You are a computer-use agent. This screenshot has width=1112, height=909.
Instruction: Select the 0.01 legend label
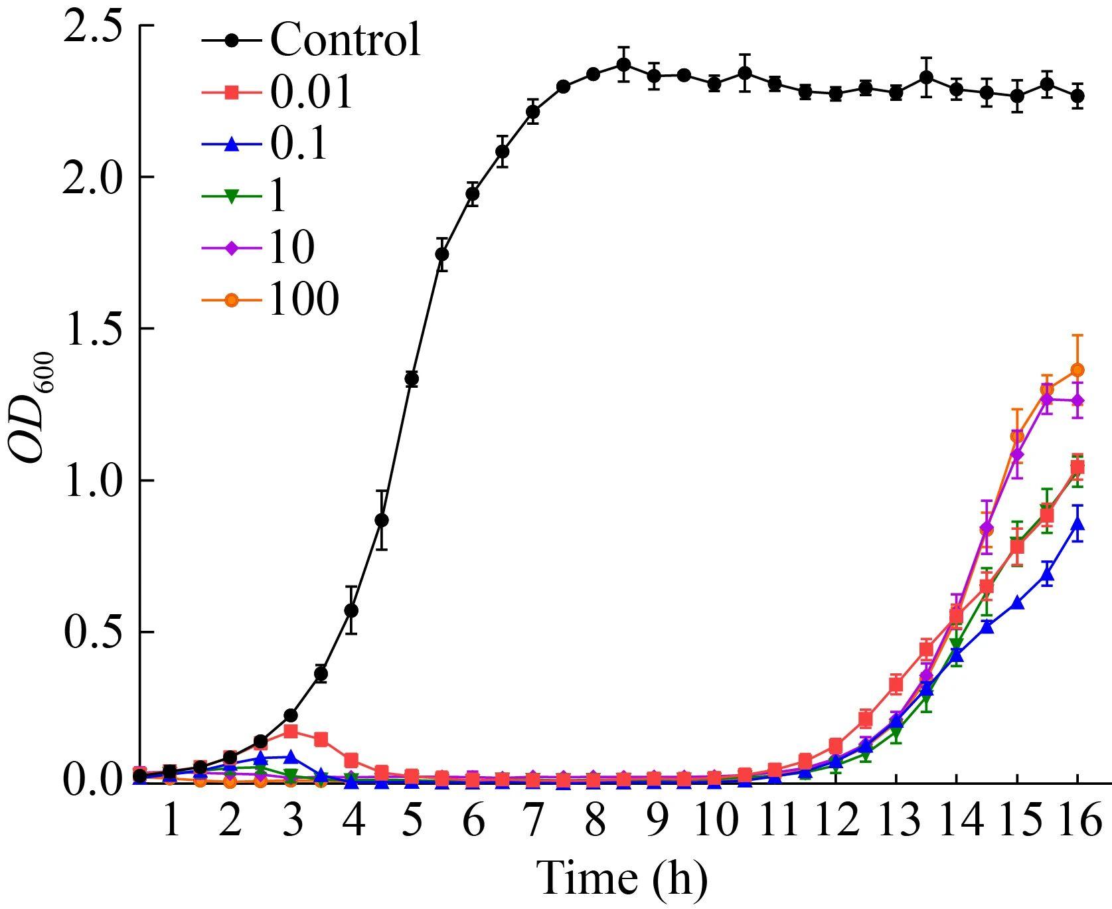coord(310,93)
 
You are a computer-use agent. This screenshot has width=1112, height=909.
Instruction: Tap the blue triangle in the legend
coord(230,145)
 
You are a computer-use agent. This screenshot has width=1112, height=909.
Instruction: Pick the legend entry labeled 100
coord(303,300)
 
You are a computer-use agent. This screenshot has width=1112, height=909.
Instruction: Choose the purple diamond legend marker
coord(230,248)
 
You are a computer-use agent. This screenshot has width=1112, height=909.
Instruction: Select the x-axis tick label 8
coord(596,821)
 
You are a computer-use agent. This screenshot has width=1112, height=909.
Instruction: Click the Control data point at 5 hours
coord(412,379)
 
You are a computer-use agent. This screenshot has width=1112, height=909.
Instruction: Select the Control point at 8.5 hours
coord(623,64)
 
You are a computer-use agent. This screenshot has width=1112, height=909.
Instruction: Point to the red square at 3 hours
coord(290,731)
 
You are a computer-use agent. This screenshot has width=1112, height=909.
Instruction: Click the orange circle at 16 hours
coord(1077,370)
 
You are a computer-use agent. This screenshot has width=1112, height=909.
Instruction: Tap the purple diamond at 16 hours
coord(1077,400)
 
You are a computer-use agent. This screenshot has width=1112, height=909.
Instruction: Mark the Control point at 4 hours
coord(351,610)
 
